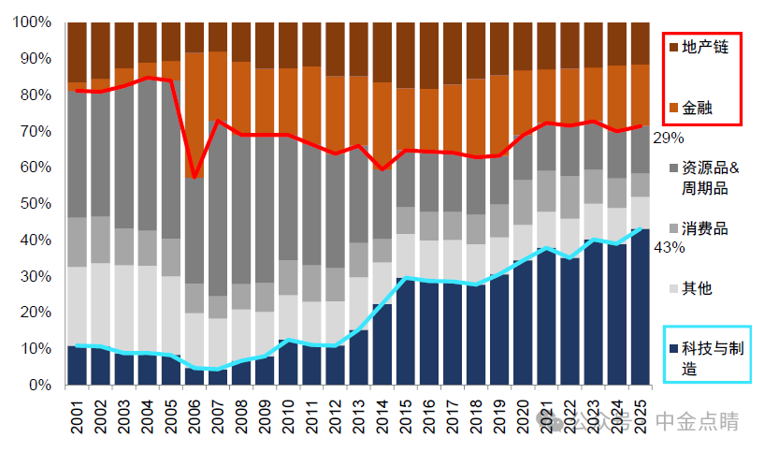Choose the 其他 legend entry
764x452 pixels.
(697, 288)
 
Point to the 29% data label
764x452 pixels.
(668, 138)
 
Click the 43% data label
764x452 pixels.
(669, 247)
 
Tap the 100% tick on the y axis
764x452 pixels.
(34, 22)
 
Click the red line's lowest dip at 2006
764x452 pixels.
(195, 177)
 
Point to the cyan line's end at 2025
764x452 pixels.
(641, 228)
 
